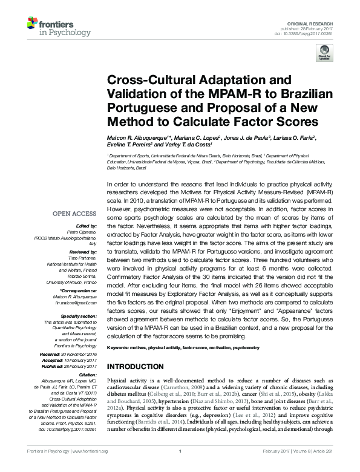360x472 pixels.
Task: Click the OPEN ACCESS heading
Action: [x=74, y=213]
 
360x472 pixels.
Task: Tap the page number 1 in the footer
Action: [x=180, y=468]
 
